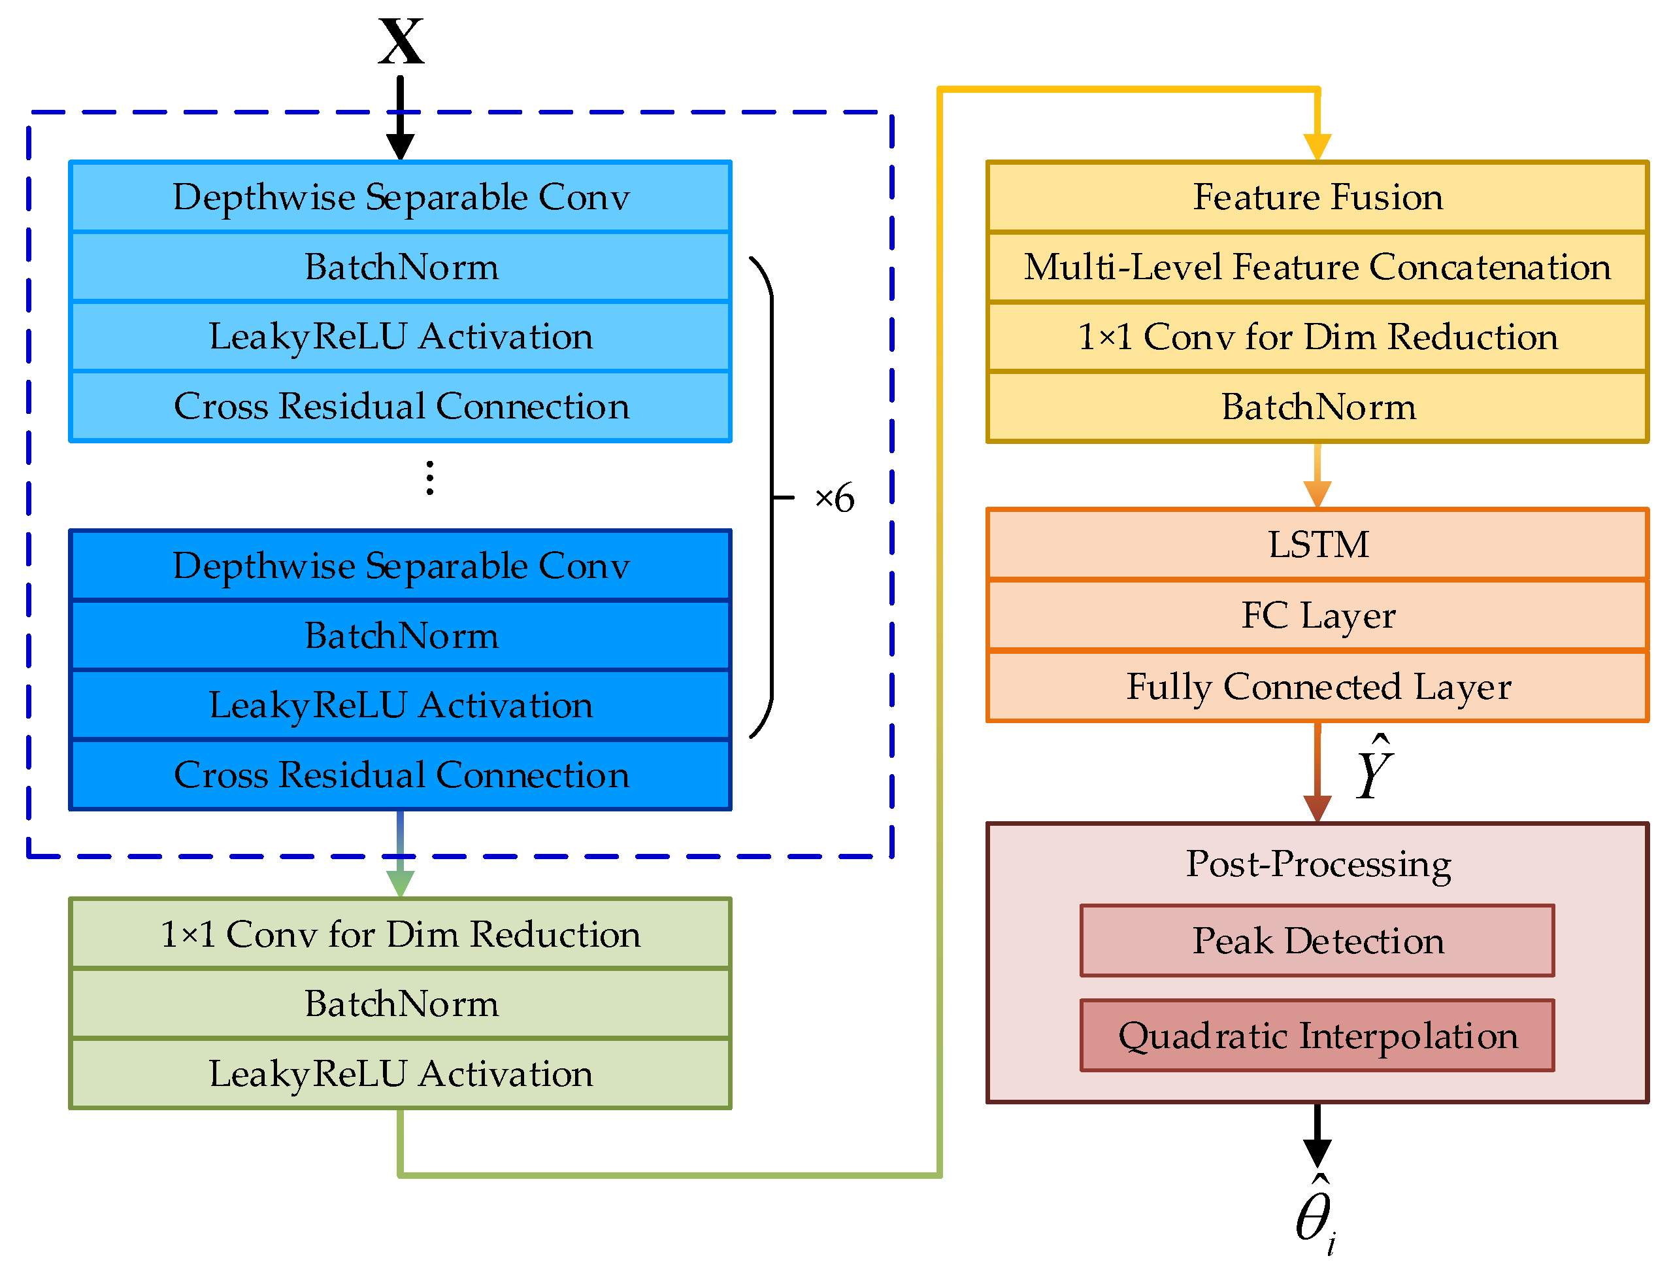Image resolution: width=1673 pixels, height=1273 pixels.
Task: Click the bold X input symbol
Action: [x=401, y=42]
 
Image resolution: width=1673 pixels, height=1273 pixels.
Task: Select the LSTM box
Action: [x=1317, y=545]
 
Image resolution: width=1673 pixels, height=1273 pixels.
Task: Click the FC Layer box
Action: [x=1317, y=615]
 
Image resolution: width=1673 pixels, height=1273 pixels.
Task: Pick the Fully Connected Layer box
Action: [x=1317, y=687]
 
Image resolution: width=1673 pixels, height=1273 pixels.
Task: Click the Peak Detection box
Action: [x=1317, y=940]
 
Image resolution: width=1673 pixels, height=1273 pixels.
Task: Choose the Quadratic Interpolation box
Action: [x=1317, y=1036]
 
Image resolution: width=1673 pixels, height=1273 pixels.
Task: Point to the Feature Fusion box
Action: [x=1317, y=197]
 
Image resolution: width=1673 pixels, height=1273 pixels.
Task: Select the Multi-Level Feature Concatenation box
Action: [x=1317, y=267]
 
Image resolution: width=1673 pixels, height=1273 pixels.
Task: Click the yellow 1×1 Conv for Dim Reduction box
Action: [x=1317, y=337]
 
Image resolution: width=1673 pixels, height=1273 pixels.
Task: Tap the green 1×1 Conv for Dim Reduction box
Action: [x=400, y=934]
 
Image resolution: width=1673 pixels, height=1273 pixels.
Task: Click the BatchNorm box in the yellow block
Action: [x=1317, y=407]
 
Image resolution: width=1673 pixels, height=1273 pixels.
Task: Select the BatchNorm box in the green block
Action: [x=400, y=1004]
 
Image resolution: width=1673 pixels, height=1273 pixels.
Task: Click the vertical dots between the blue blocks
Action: [x=429, y=478]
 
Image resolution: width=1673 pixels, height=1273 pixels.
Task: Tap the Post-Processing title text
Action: [x=1317, y=864]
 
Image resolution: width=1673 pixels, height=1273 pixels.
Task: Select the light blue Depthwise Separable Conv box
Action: [x=400, y=197]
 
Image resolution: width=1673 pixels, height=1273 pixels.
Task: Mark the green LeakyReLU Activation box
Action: [x=400, y=1074]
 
